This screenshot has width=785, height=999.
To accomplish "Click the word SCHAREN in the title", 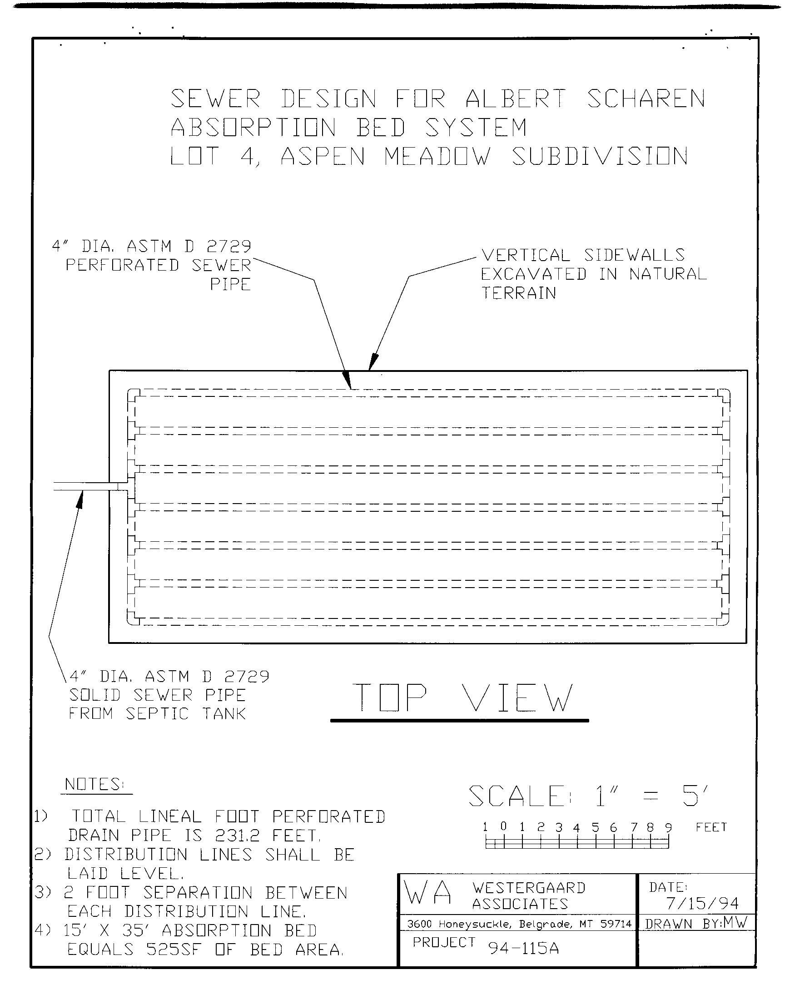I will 646,99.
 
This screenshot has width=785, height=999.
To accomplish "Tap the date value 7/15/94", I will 702,904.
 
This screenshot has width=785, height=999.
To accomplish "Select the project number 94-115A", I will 523,948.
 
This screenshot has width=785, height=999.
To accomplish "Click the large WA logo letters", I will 428,893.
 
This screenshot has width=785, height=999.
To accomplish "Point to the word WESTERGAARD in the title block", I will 528,887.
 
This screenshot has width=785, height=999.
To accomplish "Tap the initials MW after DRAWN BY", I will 735,922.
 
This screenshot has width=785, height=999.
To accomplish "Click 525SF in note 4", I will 174,950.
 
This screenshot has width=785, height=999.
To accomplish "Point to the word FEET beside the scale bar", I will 711,827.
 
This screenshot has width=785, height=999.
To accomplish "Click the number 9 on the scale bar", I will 668,828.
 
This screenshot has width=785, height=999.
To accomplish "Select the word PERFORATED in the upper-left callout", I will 122,266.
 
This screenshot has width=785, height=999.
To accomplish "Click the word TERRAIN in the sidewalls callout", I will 518,293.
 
